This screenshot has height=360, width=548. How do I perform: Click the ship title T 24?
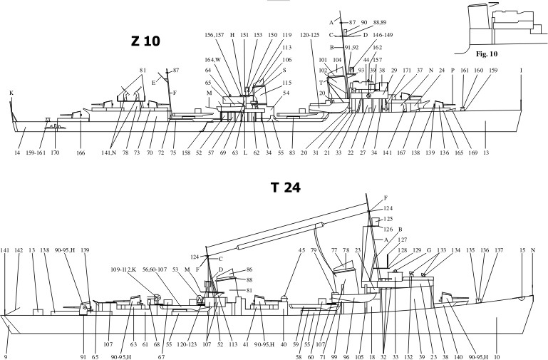(285, 188)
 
